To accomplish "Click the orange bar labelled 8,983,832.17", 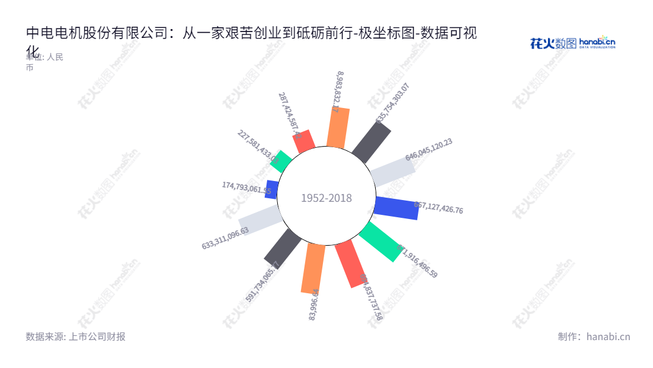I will tap(338, 128).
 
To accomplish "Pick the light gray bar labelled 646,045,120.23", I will tap(392, 172).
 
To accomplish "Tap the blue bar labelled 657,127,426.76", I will tap(397, 208).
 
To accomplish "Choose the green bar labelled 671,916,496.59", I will tap(381, 241).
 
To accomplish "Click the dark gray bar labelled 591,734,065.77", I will tap(283, 247).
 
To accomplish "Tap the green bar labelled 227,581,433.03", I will tap(281, 161).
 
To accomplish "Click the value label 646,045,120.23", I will tap(429, 150).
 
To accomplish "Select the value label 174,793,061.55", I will tap(246, 188).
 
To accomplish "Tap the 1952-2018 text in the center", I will tap(326, 198).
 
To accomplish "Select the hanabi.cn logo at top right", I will tap(572, 43).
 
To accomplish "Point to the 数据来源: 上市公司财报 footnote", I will tap(75, 337).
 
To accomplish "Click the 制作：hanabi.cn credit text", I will tap(594, 337).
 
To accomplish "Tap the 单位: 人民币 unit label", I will tap(44, 62).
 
